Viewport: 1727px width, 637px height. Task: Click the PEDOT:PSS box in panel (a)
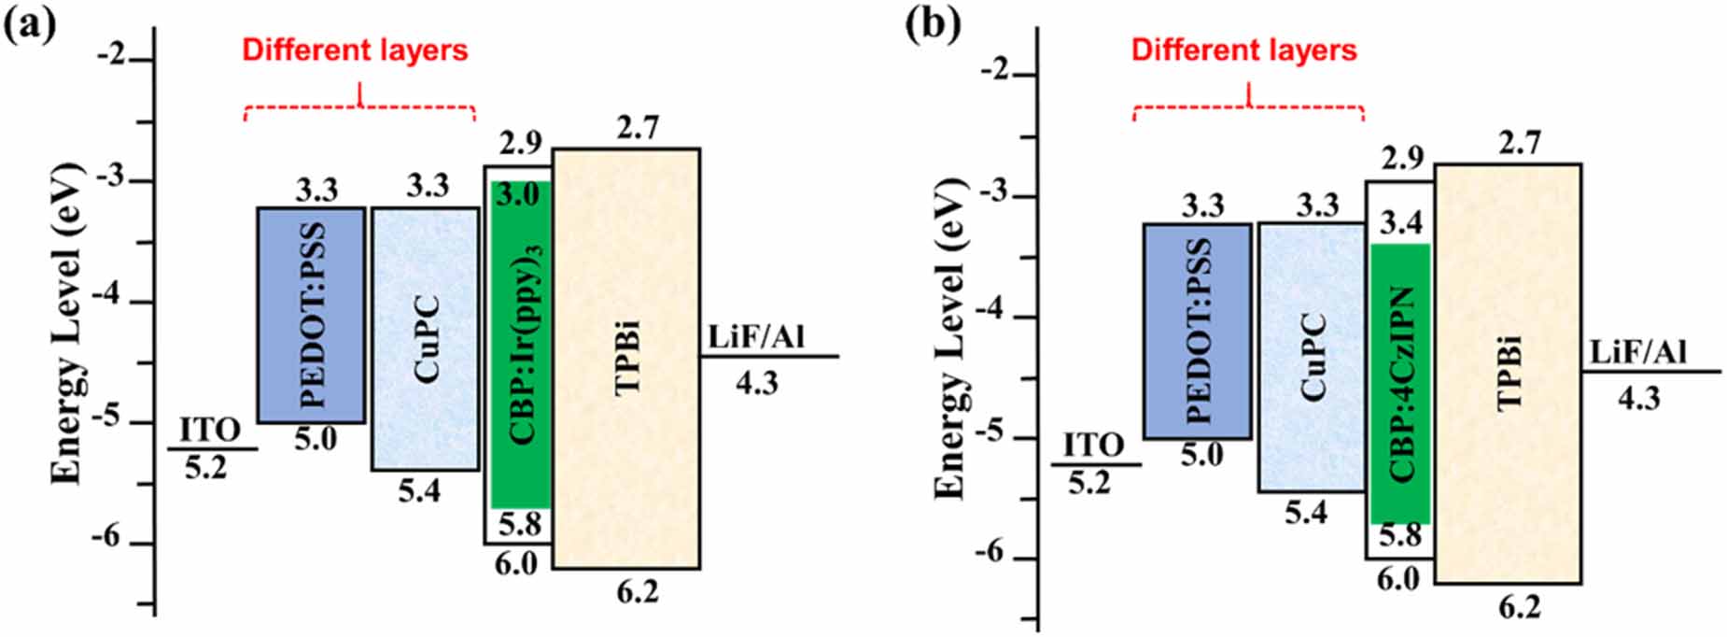pos(311,315)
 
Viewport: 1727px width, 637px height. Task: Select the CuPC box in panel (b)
pos(1311,357)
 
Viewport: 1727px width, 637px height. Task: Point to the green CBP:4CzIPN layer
pos(1399,383)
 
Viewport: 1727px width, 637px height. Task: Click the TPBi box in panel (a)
pos(626,359)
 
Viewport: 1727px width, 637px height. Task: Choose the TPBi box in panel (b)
pos(1508,374)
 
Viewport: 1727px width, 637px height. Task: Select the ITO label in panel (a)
pos(210,431)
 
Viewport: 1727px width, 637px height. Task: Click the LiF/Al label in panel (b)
pos(1640,353)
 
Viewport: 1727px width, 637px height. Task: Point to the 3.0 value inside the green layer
pos(519,196)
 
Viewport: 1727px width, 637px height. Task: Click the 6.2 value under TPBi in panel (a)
pos(638,591)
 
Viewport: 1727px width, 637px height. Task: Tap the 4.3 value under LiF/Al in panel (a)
pos(756,383)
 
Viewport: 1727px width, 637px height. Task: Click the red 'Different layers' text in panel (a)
pos(355,50)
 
